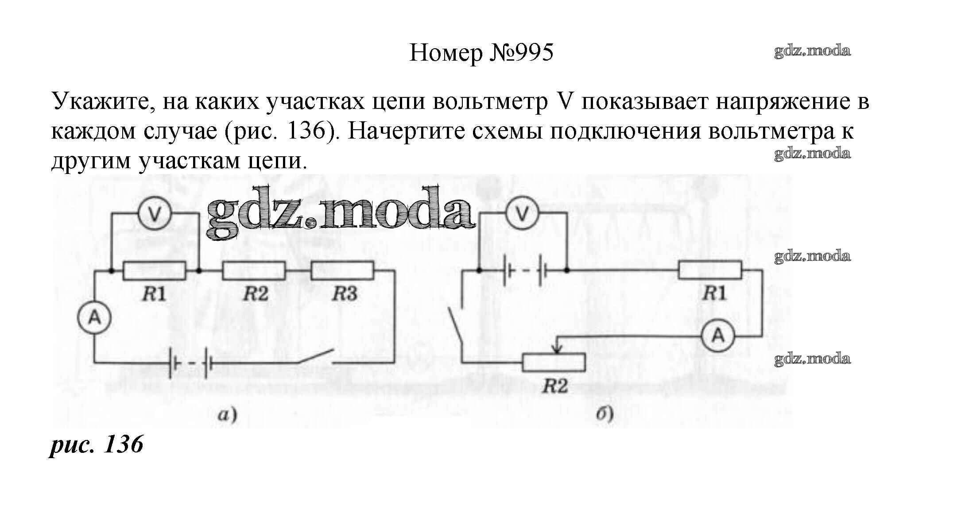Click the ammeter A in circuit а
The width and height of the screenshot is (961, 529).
point(94,317)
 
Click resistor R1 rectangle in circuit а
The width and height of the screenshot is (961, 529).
point(154,270)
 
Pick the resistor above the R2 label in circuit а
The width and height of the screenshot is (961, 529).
point(254,270)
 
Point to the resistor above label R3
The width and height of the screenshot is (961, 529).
point(342,270)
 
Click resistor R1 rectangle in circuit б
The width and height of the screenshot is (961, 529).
point(710,270)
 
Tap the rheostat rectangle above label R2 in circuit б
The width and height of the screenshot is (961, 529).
point(554,362)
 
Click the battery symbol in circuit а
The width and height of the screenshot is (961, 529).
point(190,363)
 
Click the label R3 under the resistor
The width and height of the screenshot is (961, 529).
point(345,293)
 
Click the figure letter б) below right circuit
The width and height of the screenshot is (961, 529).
point(604,415)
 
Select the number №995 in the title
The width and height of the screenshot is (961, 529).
point(521,53)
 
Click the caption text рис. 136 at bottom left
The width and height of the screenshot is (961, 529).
point(96,444)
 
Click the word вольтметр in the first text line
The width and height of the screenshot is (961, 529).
point(490,102)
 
